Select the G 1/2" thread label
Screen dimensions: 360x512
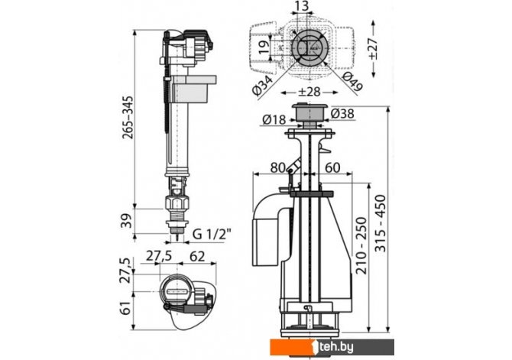212,232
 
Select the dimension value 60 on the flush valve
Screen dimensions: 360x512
332,167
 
